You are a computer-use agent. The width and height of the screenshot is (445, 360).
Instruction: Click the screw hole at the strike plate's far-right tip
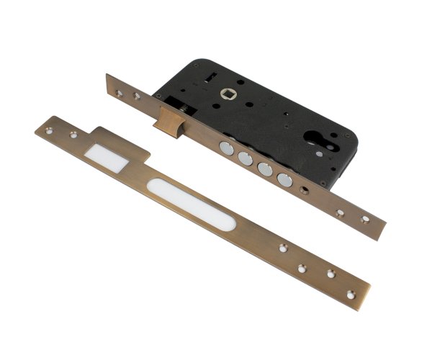pos(351,294)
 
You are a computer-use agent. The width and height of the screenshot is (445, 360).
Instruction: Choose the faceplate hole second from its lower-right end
pos(339,212)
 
